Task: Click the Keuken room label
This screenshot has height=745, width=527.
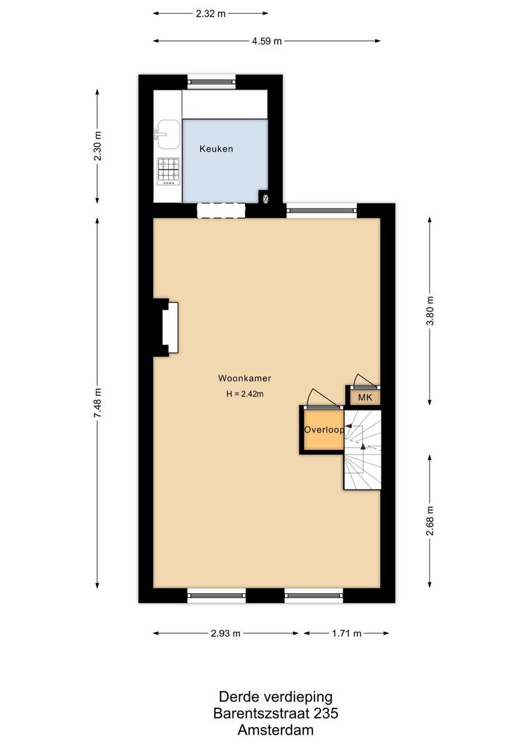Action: point(217,149)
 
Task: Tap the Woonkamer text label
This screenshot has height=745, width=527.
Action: point(244,378)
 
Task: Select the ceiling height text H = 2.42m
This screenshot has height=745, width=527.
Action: point(245,395)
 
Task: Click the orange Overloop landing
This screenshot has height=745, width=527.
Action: point(321,430)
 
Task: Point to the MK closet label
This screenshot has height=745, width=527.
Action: point(365,398)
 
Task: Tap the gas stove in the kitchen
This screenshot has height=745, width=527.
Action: point(168,171)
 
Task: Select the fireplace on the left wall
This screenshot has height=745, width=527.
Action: point(169,328)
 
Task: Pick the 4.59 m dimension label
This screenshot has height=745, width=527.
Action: point(266,41)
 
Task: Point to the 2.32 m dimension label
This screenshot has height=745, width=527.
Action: point(210,13)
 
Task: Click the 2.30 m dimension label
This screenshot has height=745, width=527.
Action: point(97,146)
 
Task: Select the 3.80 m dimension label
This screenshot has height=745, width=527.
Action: point(430,311)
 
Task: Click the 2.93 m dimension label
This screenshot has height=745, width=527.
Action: point(226,633)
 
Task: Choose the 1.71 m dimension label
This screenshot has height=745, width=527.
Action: point(346,633)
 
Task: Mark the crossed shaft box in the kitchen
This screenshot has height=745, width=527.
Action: point(263,197)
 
